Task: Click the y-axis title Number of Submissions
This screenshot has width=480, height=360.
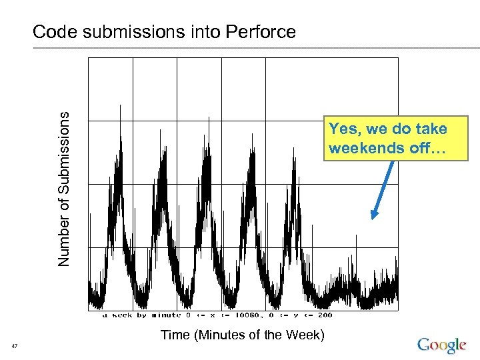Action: (x=64, y=189)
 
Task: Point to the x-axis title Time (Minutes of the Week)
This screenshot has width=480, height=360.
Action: (x=243, y=335)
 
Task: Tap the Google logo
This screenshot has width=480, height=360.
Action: (x=441, y=345)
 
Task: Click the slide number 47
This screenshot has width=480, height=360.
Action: (x=15, y=345)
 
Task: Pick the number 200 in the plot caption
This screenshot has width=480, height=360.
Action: (x=324, y=315)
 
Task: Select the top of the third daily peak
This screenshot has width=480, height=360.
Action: (x=209, y=117)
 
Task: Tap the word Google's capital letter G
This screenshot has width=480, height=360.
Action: (x=424, y=344)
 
